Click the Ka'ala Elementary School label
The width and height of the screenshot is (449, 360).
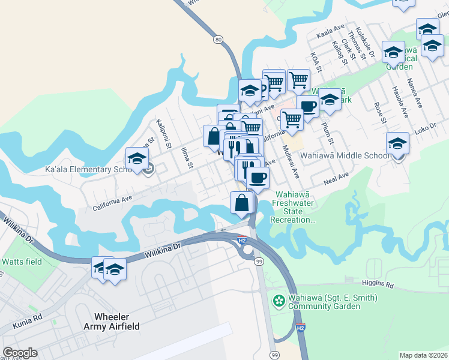[x=87, y=170]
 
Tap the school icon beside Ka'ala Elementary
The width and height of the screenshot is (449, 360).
[x=137, y=159]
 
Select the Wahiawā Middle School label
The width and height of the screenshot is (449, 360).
[x=345, y=155]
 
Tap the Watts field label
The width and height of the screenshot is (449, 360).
[x=22, y=262]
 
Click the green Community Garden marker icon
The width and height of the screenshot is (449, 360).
[x=279, y=299]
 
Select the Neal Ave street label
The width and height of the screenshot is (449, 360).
[x=336, y=178]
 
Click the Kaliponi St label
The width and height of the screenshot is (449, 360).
[x=164, y=137]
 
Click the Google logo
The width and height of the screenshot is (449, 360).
[x=20, y=353]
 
